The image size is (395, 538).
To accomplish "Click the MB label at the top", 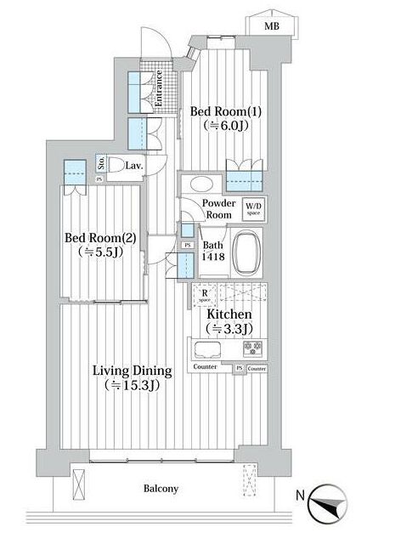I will point(272,26).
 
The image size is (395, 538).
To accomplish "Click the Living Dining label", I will point(133,371).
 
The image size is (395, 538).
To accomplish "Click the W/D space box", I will point(254,208).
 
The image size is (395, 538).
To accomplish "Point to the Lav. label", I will point(134,165).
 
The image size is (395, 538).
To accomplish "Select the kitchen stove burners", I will point(252,347).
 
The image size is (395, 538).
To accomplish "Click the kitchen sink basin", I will point(207,348).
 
